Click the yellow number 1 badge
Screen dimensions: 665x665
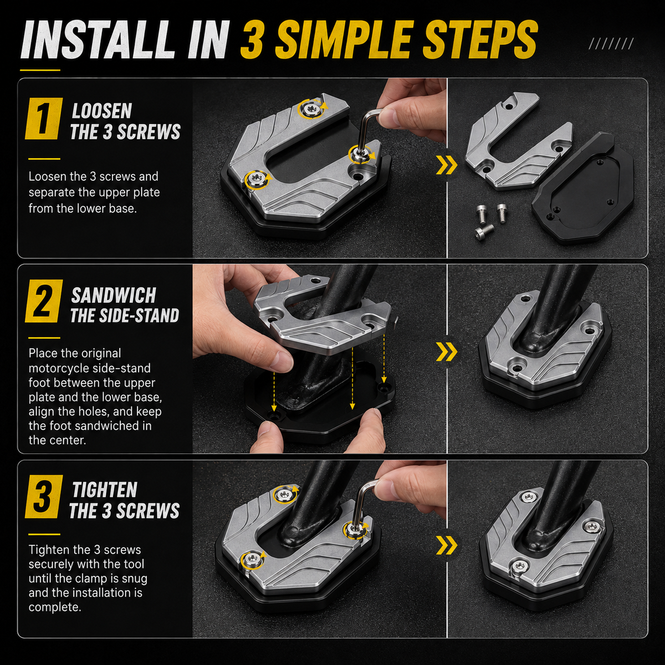43,119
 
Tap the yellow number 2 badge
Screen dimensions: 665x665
43,300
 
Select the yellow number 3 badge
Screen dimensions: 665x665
43,497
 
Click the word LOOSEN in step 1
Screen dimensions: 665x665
102,111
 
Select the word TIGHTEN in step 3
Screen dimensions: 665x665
105,490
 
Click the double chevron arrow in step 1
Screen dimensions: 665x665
447,165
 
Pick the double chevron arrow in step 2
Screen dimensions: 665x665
447,352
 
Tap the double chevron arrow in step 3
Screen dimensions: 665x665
447,545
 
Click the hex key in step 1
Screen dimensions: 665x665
366,128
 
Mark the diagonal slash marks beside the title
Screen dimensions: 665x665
611,43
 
